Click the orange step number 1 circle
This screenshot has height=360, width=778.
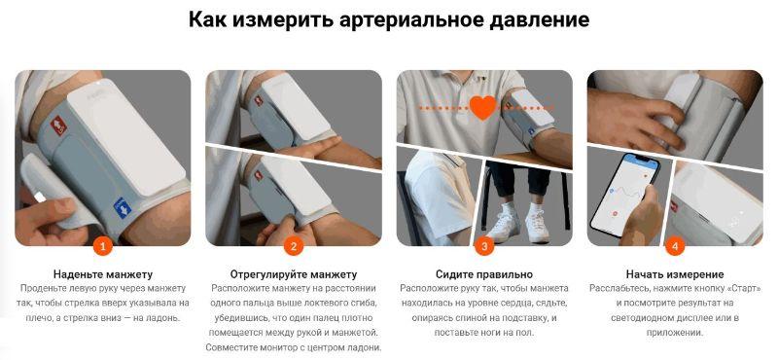[x=103, y=246]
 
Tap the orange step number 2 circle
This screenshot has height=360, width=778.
[x=294, y=246]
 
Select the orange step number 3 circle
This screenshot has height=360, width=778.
[x=484, y=246]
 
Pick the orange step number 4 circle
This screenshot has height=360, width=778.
[x=675, y=246]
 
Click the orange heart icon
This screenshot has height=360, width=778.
[x=482, y=107]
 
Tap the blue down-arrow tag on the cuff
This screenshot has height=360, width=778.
[x=122, y=207]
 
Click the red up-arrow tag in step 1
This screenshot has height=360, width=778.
[x=58, y=126]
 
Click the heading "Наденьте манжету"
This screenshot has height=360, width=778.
[x=103, y=274]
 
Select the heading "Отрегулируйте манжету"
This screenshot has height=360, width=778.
[x=294, y=274]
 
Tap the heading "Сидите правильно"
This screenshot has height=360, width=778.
[x=484, y=274]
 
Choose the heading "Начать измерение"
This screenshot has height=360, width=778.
[x=675, y=274]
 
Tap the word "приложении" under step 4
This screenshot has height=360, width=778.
[x=675, y=333]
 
